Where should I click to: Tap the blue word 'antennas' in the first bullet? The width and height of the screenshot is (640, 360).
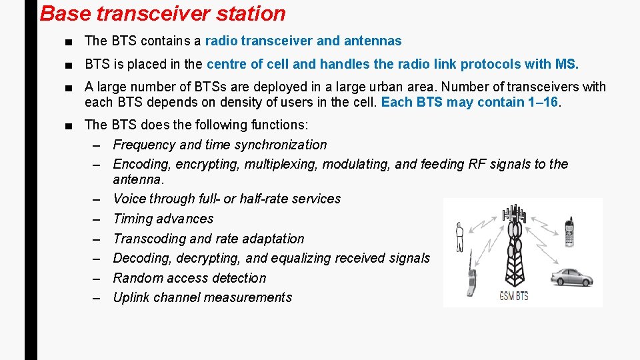(x=373, y=41)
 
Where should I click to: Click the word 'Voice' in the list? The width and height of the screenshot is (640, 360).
(x=129, y=199)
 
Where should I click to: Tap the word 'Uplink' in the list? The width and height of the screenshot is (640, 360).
(x=131, y=297)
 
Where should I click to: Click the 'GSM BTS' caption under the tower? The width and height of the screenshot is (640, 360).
(x=513, y=295)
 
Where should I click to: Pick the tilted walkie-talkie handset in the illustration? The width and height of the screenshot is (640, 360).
(x=471, y=283)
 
